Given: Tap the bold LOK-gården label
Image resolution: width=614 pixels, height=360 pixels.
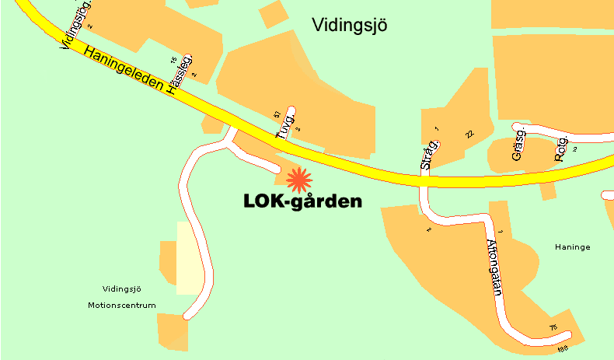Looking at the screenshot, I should click(x=302, y=201).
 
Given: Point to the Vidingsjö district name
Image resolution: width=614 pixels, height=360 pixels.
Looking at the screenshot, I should click(x=349, y=26).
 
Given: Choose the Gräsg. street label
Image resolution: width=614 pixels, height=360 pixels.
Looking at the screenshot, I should click(x=518, y=145).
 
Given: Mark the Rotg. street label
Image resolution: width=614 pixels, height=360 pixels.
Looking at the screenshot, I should click(x=560, y=148).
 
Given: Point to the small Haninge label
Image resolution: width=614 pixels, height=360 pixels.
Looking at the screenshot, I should click(x=573, y=247).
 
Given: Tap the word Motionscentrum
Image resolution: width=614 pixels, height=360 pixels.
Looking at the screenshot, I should click(x=122, y=305).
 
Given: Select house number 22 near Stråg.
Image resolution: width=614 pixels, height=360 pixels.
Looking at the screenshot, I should click(x=469, y=135).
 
